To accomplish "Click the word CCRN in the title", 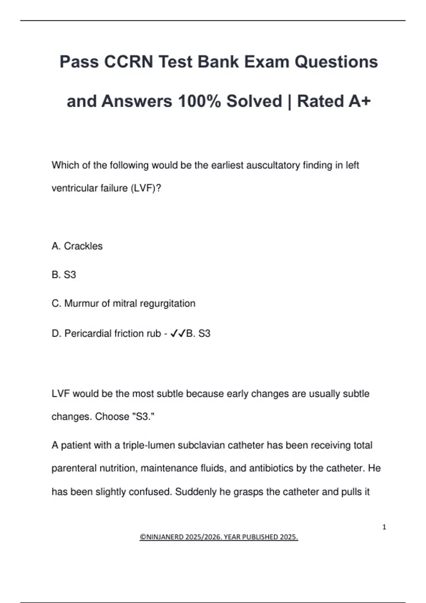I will click(x=129, y=62).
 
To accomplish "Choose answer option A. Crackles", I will click(x=77, y=246).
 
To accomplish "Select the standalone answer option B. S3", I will click(x=64, y=275).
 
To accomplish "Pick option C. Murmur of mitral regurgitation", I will click(x=124, y=304).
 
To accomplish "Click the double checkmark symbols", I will click(x=178, y=333).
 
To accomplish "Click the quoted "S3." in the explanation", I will click(x=143, y=416).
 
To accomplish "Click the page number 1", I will click(x=384, y=527).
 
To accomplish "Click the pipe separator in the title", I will click(x=289, y=101).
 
